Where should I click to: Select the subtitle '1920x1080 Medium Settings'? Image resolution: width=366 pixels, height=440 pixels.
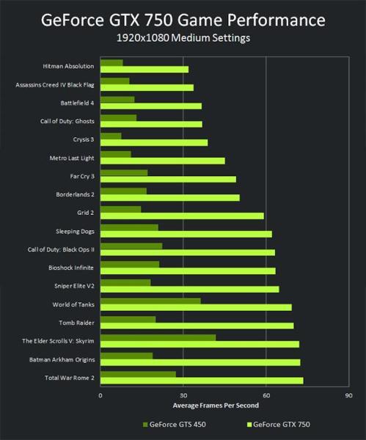point(183,37)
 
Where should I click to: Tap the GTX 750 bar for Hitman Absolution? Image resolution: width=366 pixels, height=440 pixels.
point(144,70)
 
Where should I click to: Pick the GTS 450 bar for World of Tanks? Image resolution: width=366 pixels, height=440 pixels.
point(150,300)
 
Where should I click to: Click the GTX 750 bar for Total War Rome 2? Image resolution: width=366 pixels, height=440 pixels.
point(201,381)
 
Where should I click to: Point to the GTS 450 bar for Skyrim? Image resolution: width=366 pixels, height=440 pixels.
point(158,337)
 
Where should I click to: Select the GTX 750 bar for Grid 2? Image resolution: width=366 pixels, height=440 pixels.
point(181,216)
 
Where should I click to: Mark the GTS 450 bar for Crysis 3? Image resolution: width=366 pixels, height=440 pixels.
point(111,136)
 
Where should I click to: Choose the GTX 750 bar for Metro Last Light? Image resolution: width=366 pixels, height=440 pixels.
point(162,160)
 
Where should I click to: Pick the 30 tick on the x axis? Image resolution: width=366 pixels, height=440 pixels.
point(183,397)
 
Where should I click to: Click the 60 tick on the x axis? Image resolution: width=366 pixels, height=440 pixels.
point(266,397)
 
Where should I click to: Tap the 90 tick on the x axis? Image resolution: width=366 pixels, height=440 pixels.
point(348,397)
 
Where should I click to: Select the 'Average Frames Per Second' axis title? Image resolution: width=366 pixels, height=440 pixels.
point(216,406)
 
